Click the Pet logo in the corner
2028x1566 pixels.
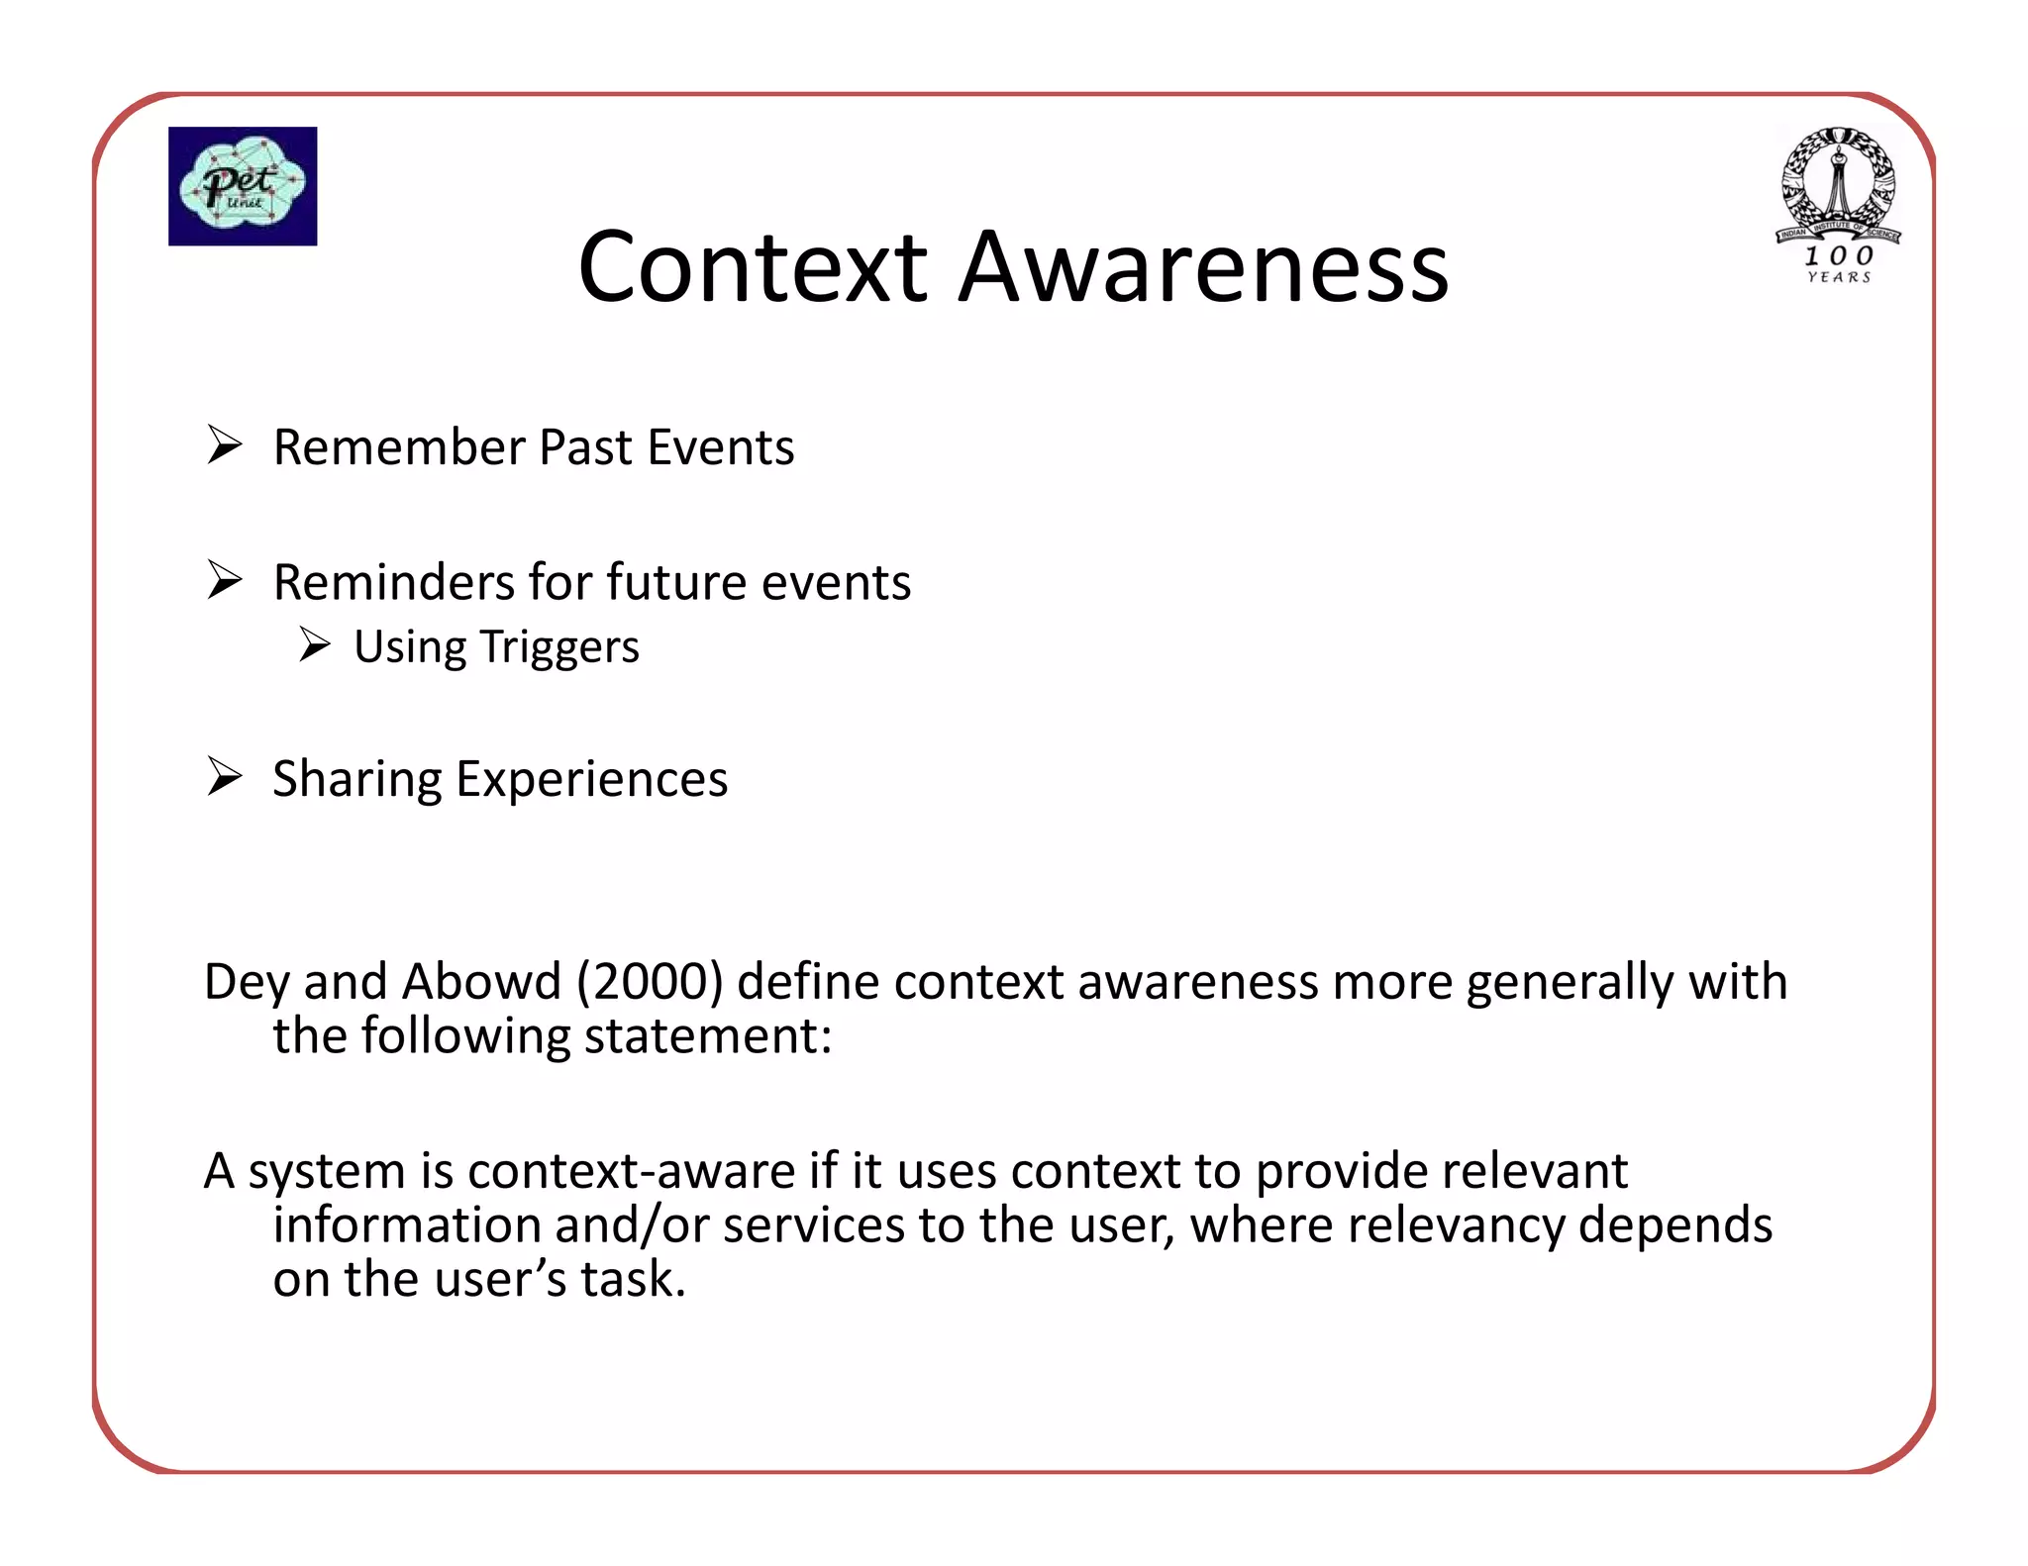coord(243,186)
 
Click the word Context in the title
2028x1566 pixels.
coord(753,267)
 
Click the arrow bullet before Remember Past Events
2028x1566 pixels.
coord(225,445)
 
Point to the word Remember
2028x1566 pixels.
coord(399,447)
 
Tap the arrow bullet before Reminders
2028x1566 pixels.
coord(225,580)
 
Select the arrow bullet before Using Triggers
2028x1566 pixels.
coord(314,645)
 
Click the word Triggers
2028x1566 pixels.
coord(559,648)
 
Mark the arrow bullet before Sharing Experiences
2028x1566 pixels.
coord(225,777)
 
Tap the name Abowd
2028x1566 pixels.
coord(482,982)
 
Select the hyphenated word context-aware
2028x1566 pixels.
coord(631,1171)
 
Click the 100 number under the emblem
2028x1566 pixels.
coord(1838,255)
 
